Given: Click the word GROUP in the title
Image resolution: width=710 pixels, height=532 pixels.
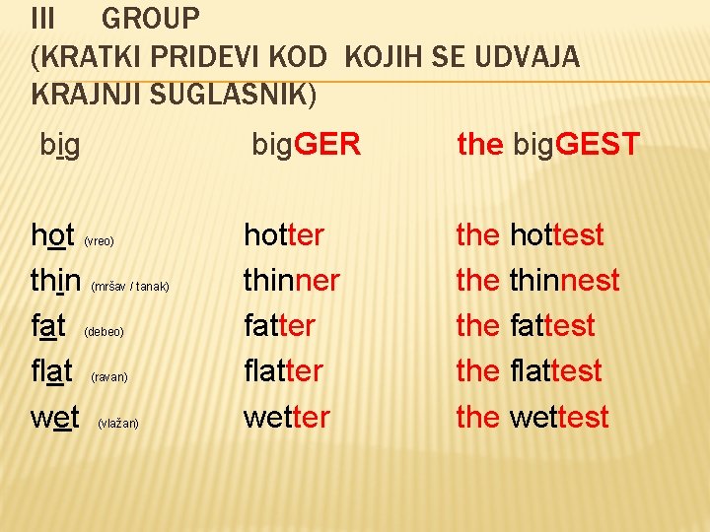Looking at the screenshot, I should pyautogui.click(x=151, y=18).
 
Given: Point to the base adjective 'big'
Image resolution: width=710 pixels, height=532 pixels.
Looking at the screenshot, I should pyautogui.click(x=60, y=145).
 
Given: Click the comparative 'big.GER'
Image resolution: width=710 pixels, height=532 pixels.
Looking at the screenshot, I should pyautogui.click(x=306, y=146).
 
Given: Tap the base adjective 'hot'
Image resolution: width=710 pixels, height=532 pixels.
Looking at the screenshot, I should pyautogui.click(x=53, y=235).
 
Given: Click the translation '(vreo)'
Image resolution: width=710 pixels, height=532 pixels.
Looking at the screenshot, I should pyautogui.click(x=99, y=241).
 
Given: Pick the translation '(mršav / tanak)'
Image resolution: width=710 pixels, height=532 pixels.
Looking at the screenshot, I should pyautogui.click(x=130, y=287).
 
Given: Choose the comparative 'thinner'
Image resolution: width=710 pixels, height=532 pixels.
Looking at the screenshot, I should pyautogui.click(x=292, y=281).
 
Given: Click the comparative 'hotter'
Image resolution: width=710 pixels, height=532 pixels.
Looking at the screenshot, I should pyautogui.click(x=284, y=235).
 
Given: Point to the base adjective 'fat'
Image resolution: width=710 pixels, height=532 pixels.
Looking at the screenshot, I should pyautogui.click(x=49, y=326).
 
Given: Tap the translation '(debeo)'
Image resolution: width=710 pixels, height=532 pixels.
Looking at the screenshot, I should pyautogui.click(x=104, y=332).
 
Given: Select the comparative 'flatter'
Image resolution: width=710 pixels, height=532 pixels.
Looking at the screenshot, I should pyautogui.click(x=284, y=371).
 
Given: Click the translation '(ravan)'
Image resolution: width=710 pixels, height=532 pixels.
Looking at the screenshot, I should pyautogui.click(x=109, y=377).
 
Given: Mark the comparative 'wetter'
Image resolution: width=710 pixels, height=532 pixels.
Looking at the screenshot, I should pyautogui.click(x=287, y=417).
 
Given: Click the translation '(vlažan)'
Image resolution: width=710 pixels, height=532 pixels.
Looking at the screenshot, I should pyautogui.click(x=118, y=424).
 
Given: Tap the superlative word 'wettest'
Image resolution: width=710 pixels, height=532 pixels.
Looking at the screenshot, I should pyautogui.click(x=559, y=417).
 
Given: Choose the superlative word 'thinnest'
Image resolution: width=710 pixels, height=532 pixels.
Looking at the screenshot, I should pyautogui.click(x=564, y=281).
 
